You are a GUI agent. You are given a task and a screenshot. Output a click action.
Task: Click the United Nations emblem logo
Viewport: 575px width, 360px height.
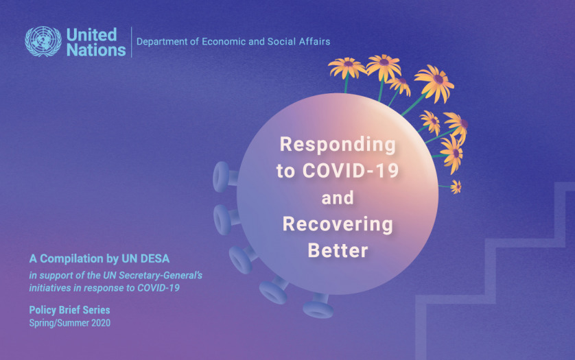(x=43, y=42)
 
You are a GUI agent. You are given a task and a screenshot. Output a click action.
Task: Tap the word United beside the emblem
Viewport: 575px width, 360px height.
(x=91, y=34)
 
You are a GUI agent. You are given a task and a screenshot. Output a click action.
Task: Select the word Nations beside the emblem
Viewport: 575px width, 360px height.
(x=96, y=49)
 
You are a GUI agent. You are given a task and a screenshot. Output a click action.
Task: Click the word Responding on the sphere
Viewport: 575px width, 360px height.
(x=338, y=145)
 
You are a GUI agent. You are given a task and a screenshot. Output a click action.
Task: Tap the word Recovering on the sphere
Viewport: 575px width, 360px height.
(x=338, y=224)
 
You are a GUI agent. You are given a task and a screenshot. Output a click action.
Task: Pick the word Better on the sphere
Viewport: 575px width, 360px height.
(x=338, y=250)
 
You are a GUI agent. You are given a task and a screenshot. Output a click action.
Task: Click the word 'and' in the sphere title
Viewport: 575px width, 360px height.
(x=338, y=198)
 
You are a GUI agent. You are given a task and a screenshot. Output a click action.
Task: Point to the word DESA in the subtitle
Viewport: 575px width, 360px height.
(x=152, y=259)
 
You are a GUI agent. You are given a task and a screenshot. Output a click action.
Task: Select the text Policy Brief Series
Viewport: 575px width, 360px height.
(x=69, y=310)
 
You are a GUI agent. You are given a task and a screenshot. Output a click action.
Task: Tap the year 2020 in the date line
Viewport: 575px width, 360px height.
(x=100, y=322)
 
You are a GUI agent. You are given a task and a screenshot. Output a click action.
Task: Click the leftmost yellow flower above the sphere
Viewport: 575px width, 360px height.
(x=346, y=67)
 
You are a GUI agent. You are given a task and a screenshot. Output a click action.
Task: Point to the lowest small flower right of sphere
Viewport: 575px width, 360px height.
(x=456, y=187)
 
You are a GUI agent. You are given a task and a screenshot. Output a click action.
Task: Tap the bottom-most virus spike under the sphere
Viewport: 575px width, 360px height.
(x=318, y=307)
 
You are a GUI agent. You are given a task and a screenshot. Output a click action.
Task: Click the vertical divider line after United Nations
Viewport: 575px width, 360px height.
(x=131, y=42)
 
